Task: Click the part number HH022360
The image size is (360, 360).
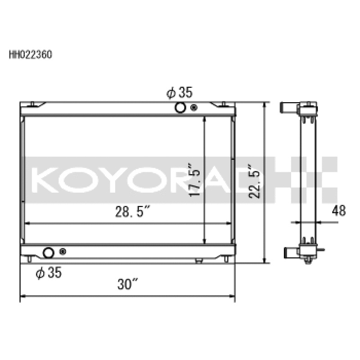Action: click(31, 55)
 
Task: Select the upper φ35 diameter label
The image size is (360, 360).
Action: click(179, 93)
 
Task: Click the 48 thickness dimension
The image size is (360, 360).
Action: click(339, 211)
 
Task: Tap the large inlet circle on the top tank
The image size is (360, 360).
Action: click(180, 108)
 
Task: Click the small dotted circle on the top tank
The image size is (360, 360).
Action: click(194, 108)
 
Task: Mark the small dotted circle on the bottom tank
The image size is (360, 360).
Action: click(63, 252)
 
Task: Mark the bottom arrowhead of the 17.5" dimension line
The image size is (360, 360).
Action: click(205, 241)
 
